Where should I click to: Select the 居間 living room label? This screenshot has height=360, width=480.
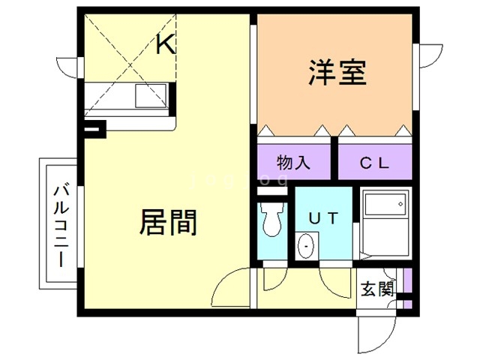pos(168,222)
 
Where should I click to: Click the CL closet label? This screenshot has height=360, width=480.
pos(373,162)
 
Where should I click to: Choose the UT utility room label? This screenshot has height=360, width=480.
pos(325,217)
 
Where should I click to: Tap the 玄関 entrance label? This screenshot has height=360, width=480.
pos(376,289)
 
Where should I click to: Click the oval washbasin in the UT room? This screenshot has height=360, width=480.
pos(306,245)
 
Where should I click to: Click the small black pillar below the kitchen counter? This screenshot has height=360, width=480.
pos(93,130)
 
